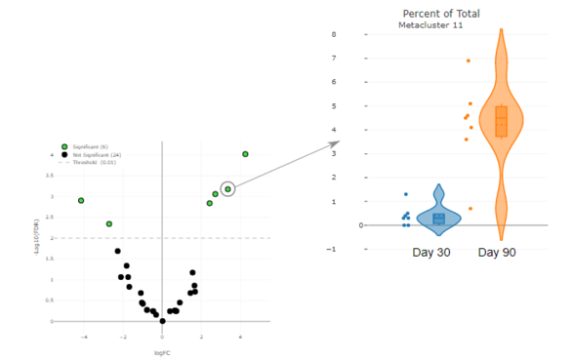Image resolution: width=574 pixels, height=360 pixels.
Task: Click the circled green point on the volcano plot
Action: tap(227, 188)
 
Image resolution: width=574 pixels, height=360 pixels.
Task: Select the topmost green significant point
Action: tap(245, 153)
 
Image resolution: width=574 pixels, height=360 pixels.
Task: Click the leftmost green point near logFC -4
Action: tap(81, 200)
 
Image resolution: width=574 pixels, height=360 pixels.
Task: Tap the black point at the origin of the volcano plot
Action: tap(162, 320)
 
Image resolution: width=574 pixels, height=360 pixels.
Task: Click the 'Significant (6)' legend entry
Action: tap(92, 145)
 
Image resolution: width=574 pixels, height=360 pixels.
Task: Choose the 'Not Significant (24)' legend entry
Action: tap(95, 154)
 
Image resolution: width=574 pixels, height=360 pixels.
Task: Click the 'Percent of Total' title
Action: tap(440, 13)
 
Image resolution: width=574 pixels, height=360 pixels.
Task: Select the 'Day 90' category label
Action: tap(497, 253)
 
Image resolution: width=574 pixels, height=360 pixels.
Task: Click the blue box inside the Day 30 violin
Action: tap(438, 219)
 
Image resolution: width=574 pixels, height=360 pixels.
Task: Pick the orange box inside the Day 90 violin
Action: tap(501, 121)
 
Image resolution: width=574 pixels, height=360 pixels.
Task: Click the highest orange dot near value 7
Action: tap(469, 60)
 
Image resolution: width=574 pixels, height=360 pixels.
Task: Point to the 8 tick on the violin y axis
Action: tap(361, 34)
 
